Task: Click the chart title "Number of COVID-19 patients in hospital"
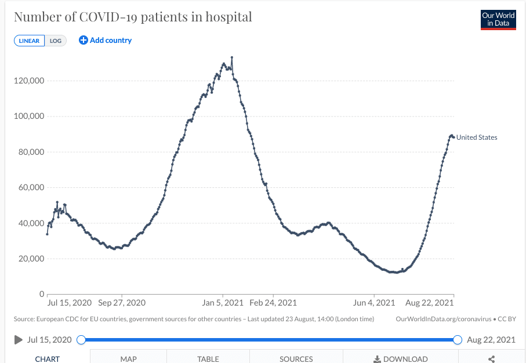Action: tap(133, 17)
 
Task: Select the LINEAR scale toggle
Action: tap(30, 41)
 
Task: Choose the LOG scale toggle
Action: tap(56, 41)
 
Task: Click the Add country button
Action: tap(106, 41)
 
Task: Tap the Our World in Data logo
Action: tap(498, 20)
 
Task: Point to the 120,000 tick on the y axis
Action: tap(29, 81)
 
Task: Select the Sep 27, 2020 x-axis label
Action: tap(122, 303)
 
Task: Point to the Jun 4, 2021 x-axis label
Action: tap(374, 303)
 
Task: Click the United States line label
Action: tap(477, 137)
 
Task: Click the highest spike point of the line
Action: tap(232, 57)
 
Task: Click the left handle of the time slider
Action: tap(81, 340)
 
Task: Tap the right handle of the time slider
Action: tap(457, 340)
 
